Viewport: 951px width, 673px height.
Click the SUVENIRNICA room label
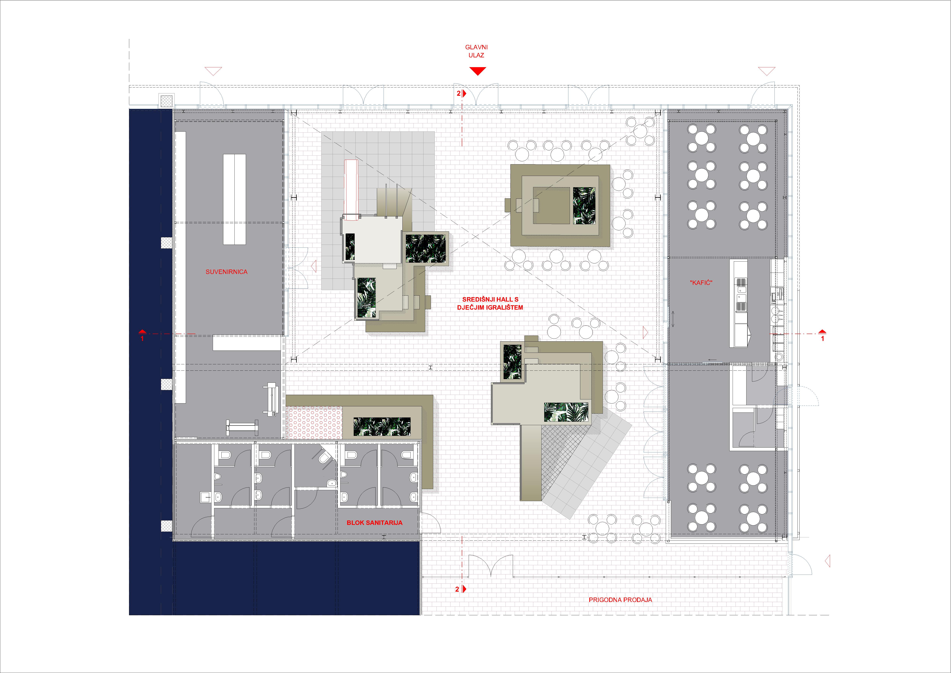pyautogui.click(x=227, y=272)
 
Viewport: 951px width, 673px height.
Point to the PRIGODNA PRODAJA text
pyautogui.click(x=620, y=600)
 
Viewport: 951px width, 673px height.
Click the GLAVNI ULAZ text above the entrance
pyautogui.click(x=476, y=51)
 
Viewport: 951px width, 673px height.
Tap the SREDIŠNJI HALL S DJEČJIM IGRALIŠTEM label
pyautogui.click(x=490, y=303)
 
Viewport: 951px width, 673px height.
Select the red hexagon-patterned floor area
pyautogui.click(x=314, y=423)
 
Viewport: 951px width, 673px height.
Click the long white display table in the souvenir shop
pyautogui.click(x=234, y=199)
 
